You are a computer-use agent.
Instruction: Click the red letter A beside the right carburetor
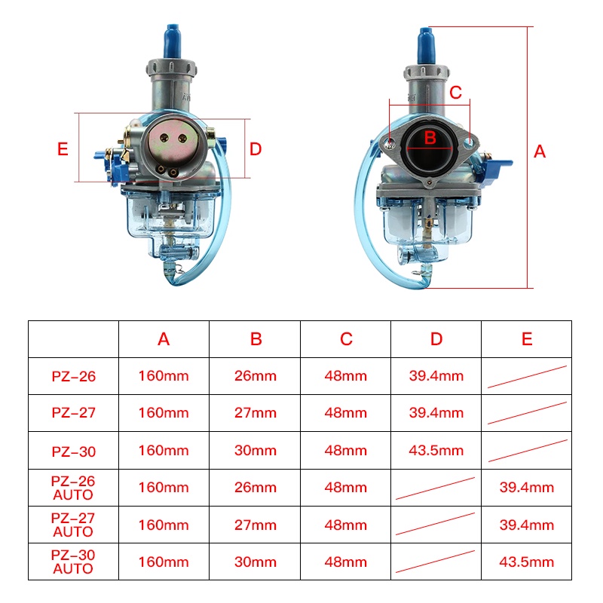pyautogui.click(x=540, y=152)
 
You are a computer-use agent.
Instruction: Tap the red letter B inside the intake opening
pyautogui.click(x=430, y=138)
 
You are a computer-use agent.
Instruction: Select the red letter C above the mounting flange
pyautogui.click(x=456, y=92)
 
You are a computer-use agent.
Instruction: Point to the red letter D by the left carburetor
pyautogui.click(x=256, y=149)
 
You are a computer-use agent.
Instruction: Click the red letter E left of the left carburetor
pyautogui.click(x=63, y=149)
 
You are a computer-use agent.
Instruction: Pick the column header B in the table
pyautogui.click(x=256, y=338)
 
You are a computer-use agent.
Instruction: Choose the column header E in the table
pyautogui.click(x=527, y=338)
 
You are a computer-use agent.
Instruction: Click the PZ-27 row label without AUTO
pyautogui.click(x=73, y=413)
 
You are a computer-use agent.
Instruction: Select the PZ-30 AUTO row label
pyautogui.click(x=73, y=562)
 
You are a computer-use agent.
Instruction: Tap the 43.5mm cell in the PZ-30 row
pyautogui.click(x=436, y=450)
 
